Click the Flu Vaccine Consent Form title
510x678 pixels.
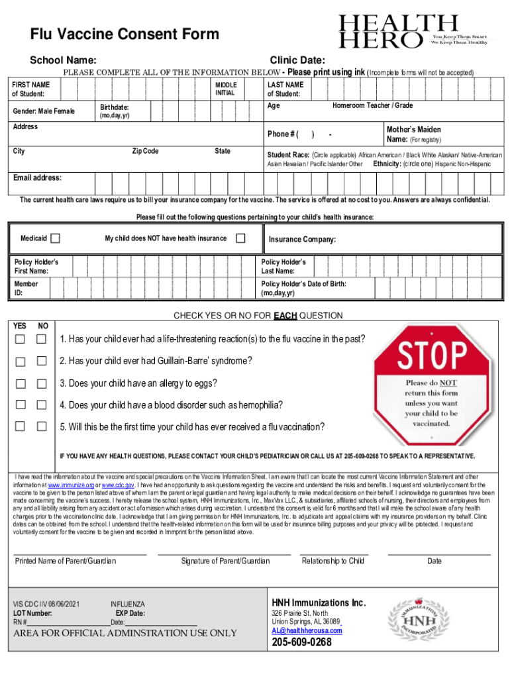tap(124, 34)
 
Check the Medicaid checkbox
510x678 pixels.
tap(56, 238)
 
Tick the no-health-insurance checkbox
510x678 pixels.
tap(241, 238)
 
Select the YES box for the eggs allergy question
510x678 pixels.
tap(21, 383)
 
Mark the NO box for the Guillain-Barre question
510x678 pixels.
tap(41, 362)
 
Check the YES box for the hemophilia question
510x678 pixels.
tap(21, 405)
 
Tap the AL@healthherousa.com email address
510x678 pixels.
tap(307, 630)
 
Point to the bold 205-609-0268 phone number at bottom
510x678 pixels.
tap(301, 643)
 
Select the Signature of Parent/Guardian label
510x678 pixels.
tap(225, 561)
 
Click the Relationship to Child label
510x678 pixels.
tap(333, 561)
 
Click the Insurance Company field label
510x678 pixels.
tap(302, 240)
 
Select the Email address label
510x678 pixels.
tap(38, 178)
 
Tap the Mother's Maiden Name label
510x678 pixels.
tap(413, 134)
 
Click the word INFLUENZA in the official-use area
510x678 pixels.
tap(127, 605)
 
